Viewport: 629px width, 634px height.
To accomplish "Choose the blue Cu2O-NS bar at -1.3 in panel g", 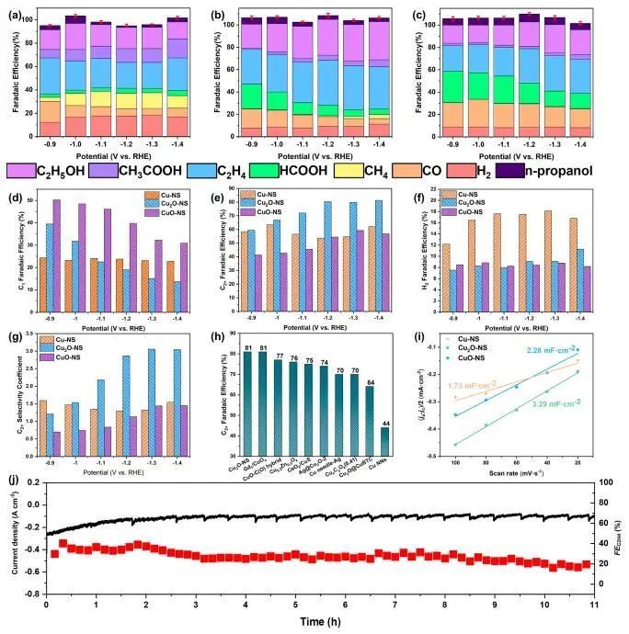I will pyautogui.click(x=152, y=400).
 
